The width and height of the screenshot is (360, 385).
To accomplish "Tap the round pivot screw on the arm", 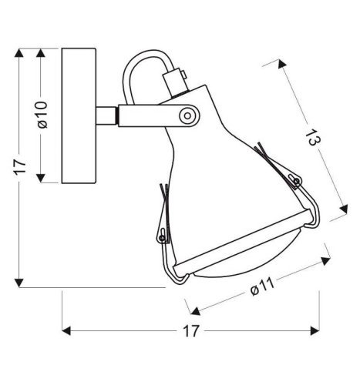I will tap(186, 115).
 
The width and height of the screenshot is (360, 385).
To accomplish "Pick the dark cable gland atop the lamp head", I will tap(177, 78).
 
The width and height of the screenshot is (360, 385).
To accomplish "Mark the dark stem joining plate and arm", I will tap(107, 115).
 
